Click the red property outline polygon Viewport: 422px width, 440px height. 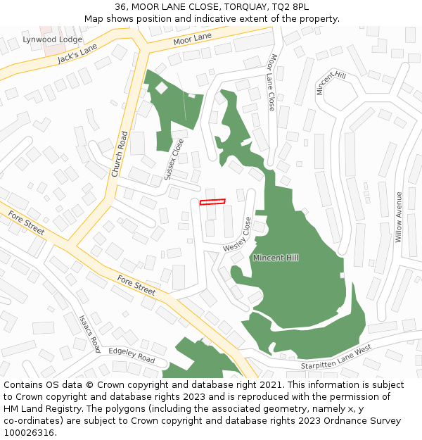pyautogui.click(x=212, y=202)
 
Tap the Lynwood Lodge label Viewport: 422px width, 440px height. pyautogui.click(x=52, y=39)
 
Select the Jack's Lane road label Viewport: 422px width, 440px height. pyautogui.click(x=77, y=54)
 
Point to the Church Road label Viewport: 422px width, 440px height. pyautogui.click(x=118, y=154)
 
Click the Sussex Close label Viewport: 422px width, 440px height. pyautogui.click(x=174, y=159)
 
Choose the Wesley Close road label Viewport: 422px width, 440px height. pyautogui.click(x=239, y=237)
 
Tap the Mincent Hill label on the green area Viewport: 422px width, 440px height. pyautogui.click(x=276, y=258)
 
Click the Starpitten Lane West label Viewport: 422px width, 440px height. pyautogui.click(x=335, y=357)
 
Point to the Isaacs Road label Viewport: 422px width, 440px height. pyautogui.click(x=90, y=333)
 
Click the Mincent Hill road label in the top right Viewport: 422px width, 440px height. pyautogui.click(x=331, y=83)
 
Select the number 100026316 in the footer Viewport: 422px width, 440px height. pyautogui.click(x=28, y=432)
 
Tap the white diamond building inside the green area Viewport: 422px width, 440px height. pyautogui.click(x=162, y=87)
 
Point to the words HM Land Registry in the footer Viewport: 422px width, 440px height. pyautogui.click(x=38, y=408)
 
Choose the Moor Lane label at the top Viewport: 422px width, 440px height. pyautogui.click(x=192, y=37)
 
